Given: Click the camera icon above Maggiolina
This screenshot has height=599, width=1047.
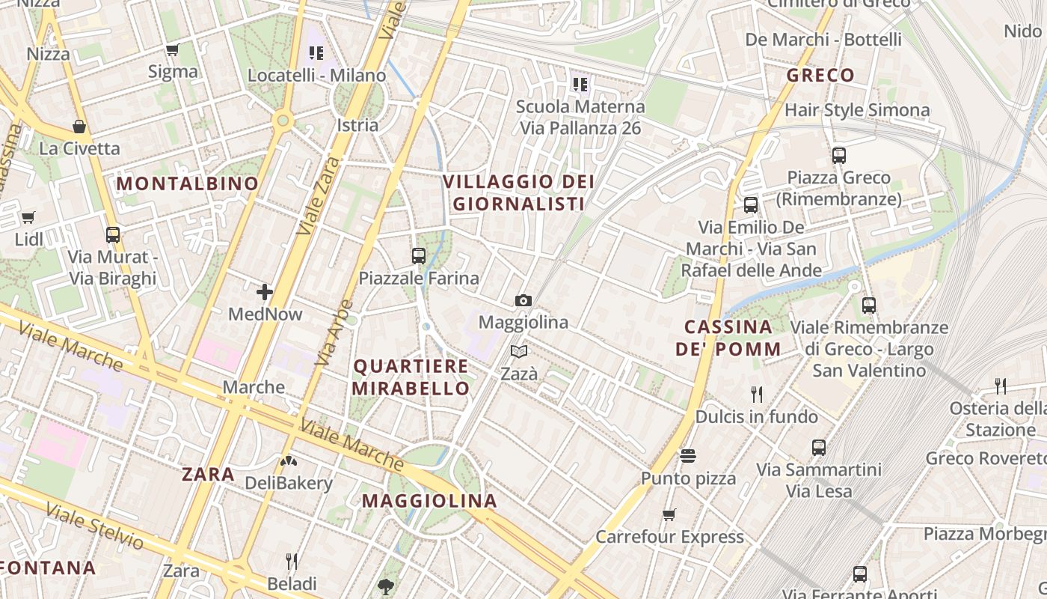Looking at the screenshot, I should pyautogui.click(x=523, y=301).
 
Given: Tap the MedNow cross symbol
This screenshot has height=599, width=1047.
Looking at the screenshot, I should pyautogui.click(x=265, y=292).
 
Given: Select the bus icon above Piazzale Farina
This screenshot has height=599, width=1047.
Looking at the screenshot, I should pyautogui.click(x=419, y=256).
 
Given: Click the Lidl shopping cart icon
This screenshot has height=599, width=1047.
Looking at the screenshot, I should pyautogui.click(x=28, y=218).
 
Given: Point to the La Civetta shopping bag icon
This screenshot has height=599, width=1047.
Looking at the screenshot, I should pyautogui.click(x=79, y=127).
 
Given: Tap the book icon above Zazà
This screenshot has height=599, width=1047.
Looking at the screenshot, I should pyautogui.click(x=519, y=351).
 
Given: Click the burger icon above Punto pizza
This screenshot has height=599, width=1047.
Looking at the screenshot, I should pyautogui.click(x=688, y=456).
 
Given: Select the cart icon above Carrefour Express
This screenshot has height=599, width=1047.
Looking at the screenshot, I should pyautogui.click(x=669, y=514).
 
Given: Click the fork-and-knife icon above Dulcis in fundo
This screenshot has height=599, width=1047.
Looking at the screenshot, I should pyautogui.click(x=757, y=394).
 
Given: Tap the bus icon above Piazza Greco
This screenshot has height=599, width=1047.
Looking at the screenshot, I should pyautogui.click(x=839, y=156).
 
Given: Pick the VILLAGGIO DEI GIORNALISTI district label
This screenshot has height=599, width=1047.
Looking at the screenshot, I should pyautogui.click(x=518, y=192).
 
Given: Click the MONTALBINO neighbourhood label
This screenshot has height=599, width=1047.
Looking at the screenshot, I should pyautogui.click(x=187, y=183).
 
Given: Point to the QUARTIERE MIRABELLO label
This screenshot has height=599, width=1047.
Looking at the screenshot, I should pyautogui.click(x=411, y=377).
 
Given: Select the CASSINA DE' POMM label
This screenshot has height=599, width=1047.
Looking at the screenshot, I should pyautogui.click(x=728, y=338).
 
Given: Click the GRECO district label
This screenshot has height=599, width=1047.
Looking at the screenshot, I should pyautogui.click(x=820, y=76).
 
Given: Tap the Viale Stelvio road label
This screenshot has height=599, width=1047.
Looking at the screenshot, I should pyautogui.click(x=94, y=526).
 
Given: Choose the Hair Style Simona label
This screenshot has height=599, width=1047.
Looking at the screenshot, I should pyautogui.click(x=857, y=111).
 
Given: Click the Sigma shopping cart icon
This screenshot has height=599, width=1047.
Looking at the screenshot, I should pyautogui.click(x=173, y=50).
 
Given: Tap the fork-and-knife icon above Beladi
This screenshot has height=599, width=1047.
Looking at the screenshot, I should pyautogui.click(x=292, y=561).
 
